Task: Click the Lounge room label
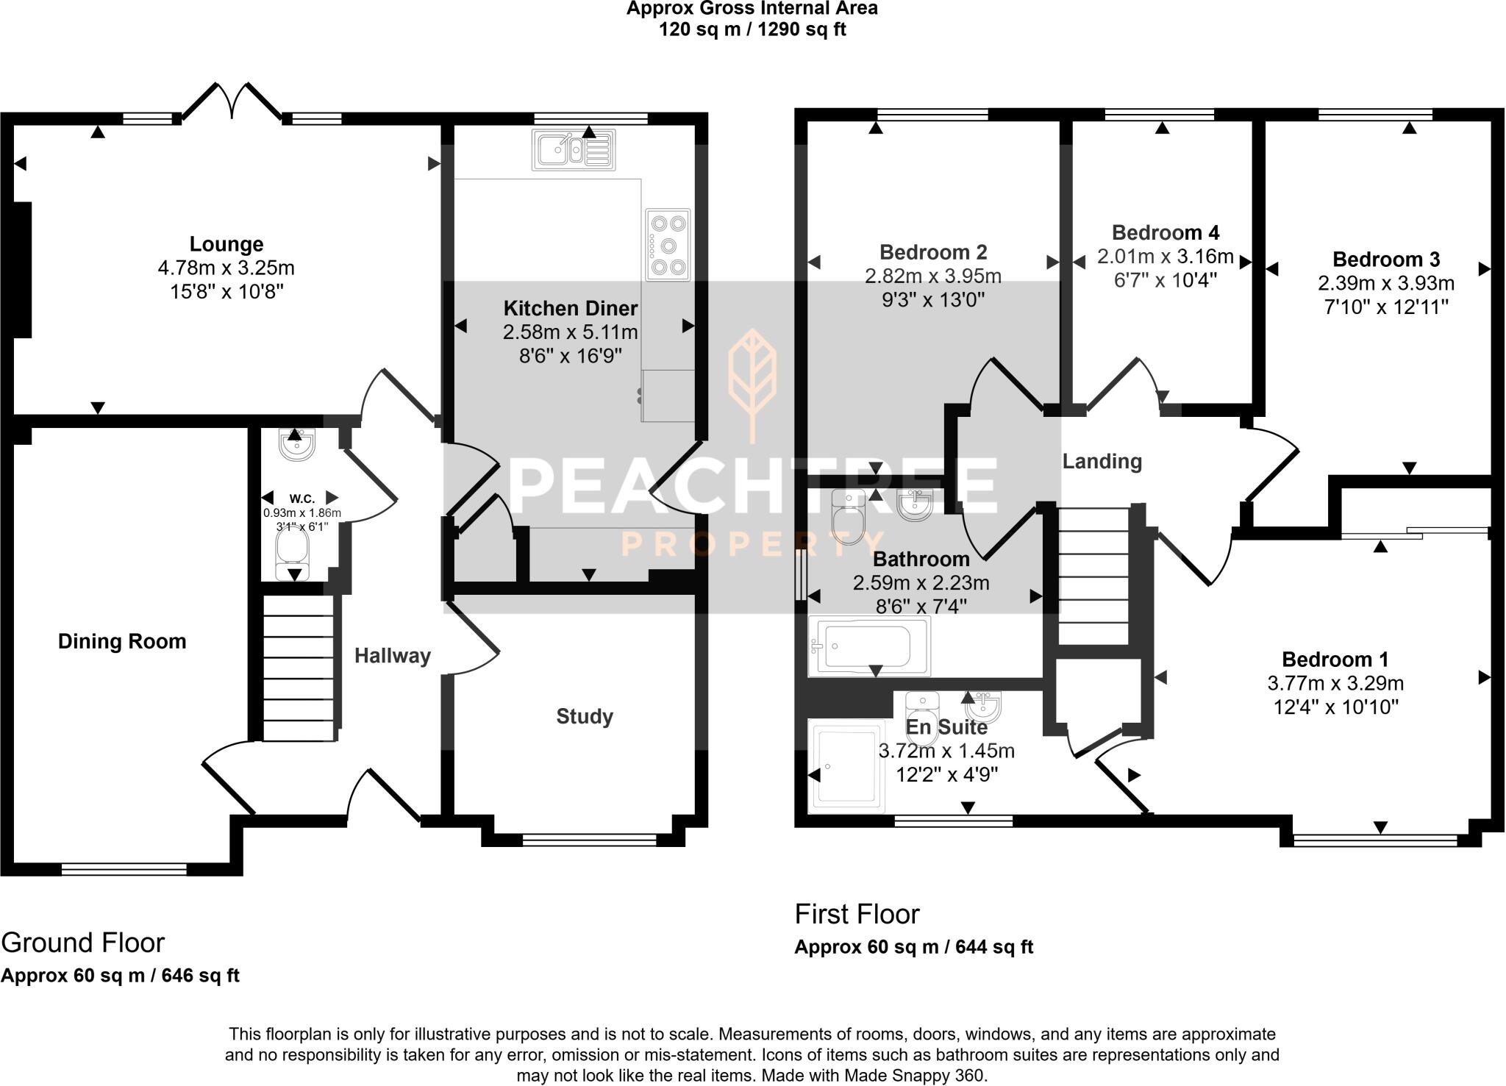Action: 226,244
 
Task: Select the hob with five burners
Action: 668,244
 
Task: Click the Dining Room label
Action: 122,641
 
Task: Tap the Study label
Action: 585,716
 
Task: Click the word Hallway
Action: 392,656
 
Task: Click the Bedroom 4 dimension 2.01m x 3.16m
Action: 1165,257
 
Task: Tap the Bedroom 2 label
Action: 932,252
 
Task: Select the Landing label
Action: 1102,462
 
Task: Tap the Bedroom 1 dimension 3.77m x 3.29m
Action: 1335,683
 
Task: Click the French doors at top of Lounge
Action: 232,101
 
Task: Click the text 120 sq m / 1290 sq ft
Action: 752,30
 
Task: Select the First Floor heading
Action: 857,914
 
